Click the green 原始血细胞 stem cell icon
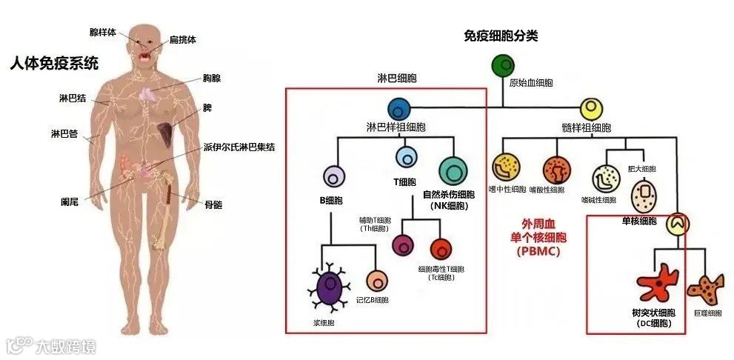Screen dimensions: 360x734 503,67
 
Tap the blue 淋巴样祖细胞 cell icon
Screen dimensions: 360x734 399,109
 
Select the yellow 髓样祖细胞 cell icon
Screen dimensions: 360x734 591,110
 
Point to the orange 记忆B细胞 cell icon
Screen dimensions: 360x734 377,281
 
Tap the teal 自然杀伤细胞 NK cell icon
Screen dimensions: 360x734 453,172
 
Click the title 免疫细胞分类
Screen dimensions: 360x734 500,36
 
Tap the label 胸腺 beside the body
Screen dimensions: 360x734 212,76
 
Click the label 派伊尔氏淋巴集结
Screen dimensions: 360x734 238,147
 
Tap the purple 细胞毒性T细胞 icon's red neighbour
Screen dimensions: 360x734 441,249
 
